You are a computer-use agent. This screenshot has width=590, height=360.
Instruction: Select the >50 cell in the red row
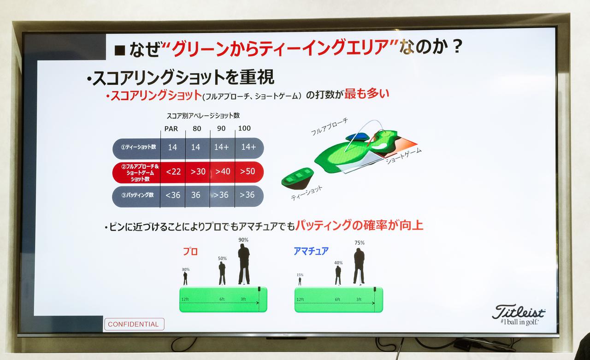click(x=248, y=171)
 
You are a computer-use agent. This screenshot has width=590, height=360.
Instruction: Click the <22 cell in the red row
click(x=173, y=171)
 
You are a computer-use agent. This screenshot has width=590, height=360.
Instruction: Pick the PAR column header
click(x=171, y=129)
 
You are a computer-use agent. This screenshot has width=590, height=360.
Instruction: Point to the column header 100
click(x=244, y=128)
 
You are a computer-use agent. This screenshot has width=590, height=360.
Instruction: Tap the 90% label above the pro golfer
click(x=243, y=240)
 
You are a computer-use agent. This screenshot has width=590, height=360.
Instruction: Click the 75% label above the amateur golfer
click(x=360, y=243)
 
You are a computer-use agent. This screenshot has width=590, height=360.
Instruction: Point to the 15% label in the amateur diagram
click(x=300, y=275)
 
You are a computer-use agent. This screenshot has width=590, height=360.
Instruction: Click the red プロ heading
click(x=190, y=252)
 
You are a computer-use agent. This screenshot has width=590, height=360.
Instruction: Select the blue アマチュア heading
click(x=311, y=251)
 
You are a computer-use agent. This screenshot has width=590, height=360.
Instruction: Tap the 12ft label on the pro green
click(x=185, y=300)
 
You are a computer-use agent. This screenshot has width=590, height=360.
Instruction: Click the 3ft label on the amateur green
click(x=359, y=300)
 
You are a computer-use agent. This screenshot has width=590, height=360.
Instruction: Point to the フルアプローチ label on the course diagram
click(x=329, y=126)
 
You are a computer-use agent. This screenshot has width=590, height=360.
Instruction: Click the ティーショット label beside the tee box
click(x=307, y=193)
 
